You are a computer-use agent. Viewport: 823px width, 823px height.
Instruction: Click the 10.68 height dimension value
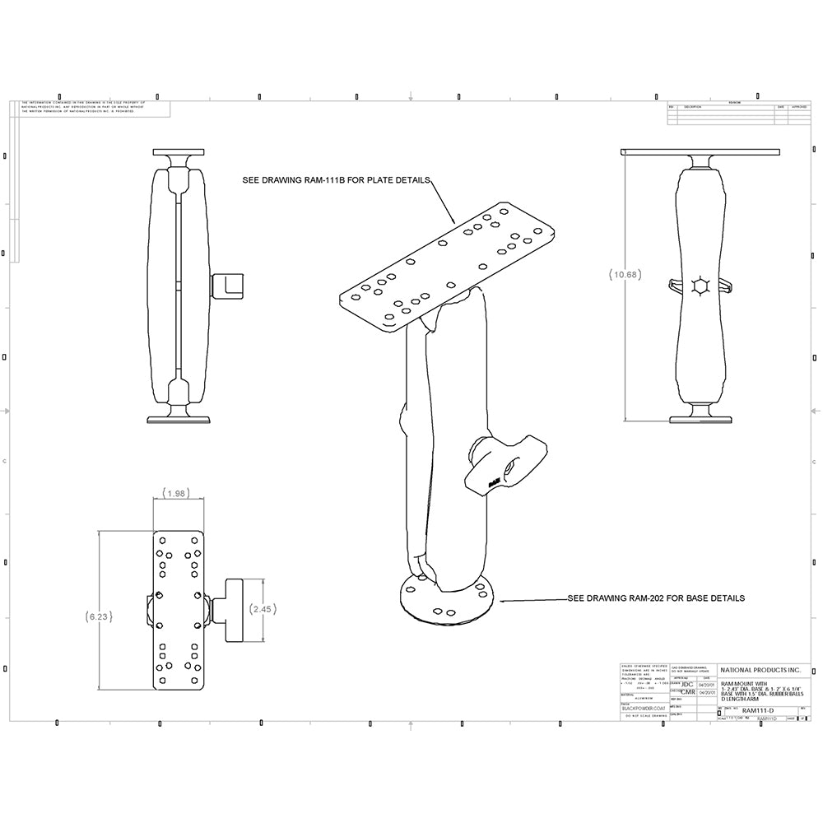[x=625, y=274]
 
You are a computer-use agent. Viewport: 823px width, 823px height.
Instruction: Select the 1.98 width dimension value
[x=175, y=494]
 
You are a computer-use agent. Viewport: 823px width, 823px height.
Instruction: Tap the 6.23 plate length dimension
[x=98, y=616]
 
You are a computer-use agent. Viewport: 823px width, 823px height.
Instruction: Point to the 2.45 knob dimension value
[x=262, y=609]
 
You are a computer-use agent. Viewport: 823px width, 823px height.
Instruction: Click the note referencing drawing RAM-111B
[x=337, y=180]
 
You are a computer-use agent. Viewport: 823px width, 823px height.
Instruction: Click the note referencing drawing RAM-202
[x=656, y=598]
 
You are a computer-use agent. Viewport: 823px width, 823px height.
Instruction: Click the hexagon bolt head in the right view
[x=701, y=286]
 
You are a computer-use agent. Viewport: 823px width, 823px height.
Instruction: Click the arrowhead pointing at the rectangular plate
[x=455, y=221]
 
